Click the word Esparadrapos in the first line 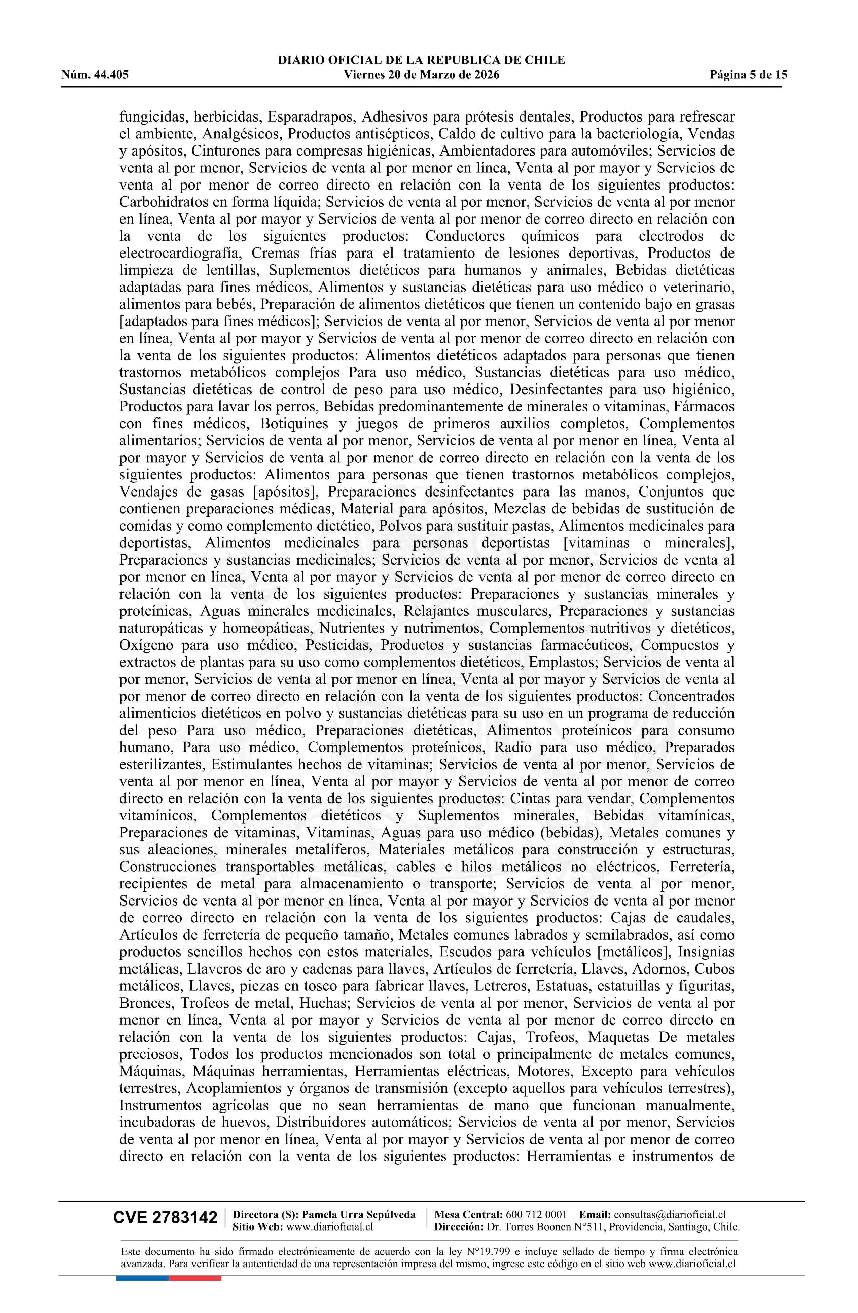pyautogui.click(x=313, y=117)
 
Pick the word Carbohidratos pyautogui.click(x=159, y=202)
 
